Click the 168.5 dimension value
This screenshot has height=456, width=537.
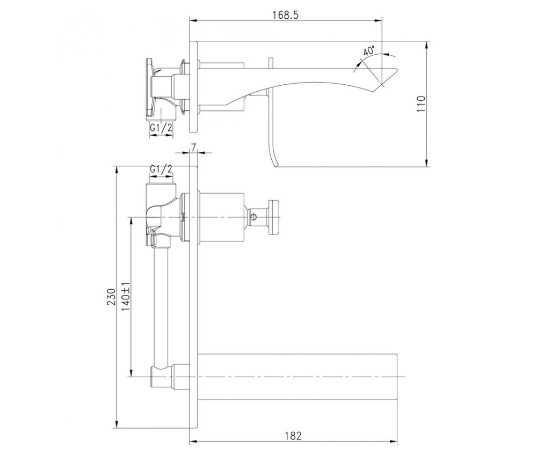point(286,15)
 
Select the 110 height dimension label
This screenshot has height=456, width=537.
point(420,104)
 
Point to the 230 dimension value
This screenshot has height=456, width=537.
point(111,297)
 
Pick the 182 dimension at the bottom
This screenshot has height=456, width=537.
point(293,436)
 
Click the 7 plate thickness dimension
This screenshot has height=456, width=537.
point(193,148)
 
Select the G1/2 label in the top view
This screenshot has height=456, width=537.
point(161,128)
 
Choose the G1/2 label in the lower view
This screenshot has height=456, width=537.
point(161,168)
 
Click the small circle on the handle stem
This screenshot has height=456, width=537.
point(253,217)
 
